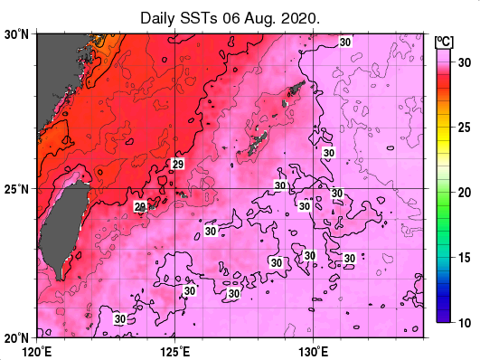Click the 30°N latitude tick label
point(17,34)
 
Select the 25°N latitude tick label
point(17,188)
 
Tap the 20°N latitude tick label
point(17,336)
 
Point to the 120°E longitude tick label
point(36,349)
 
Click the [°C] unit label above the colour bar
point(444,41)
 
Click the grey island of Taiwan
point(65,226)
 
